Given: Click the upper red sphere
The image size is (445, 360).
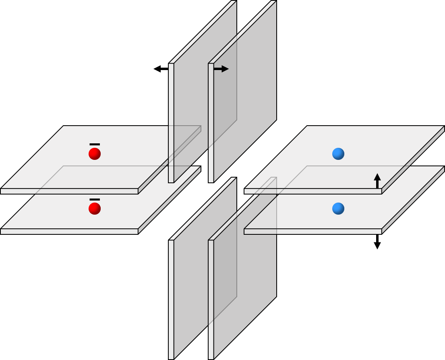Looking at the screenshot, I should (x=95, y=154).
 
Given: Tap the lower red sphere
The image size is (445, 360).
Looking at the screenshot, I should (x=95, y=209).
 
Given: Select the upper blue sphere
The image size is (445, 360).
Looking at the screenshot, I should (x=338, y=154).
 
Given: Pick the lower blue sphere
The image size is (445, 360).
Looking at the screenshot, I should (x=338, y=209).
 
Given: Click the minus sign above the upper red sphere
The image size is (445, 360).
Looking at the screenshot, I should (x=95, y=144).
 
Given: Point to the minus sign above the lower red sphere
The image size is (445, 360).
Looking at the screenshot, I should (x=95, y=199).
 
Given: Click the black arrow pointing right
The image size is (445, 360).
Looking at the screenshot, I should (x=221, y=69).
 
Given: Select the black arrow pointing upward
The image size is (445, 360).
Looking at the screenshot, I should (x=377, y=181).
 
